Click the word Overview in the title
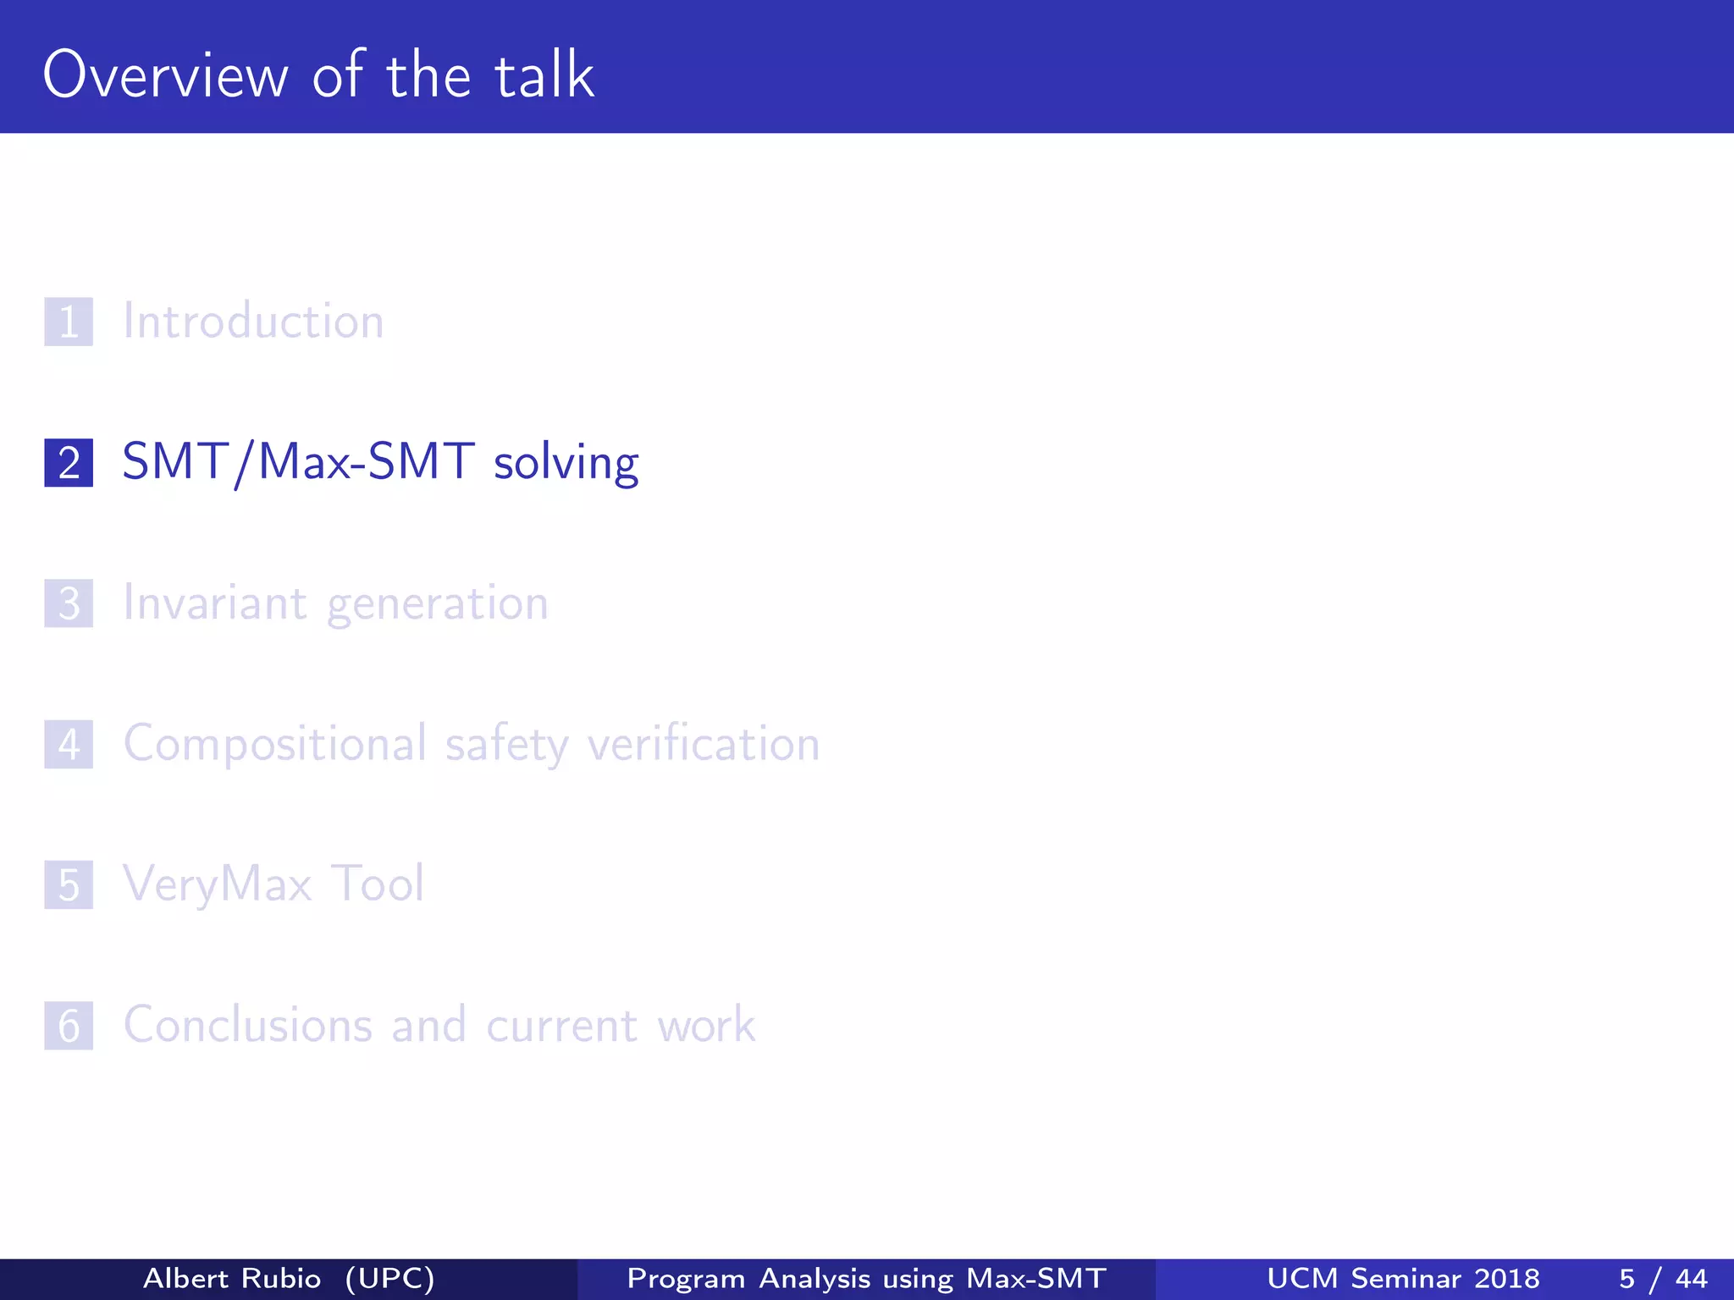166,75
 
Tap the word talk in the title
544,75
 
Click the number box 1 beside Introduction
69,322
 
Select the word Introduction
253,322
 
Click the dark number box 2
69,463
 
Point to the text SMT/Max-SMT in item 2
298,463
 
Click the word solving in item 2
566,463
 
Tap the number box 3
69,603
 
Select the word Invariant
215,603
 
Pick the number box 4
69,745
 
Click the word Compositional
275,745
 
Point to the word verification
704,745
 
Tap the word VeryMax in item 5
218,885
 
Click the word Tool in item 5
377,884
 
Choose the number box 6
69,1026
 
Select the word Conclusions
247,1025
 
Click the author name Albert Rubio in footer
232,1278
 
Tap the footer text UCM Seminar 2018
1403,1278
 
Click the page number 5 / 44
1663,1278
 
